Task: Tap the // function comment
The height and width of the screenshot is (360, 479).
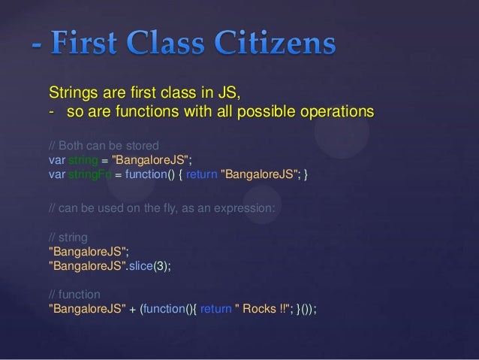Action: (x=73, y=294)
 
